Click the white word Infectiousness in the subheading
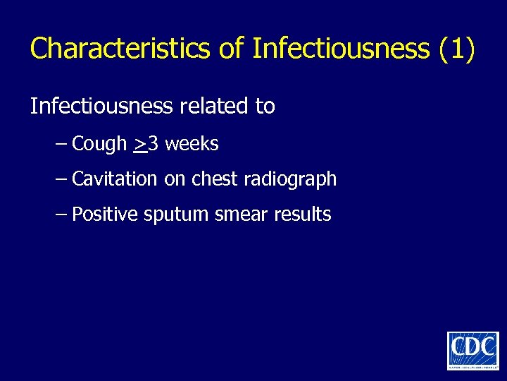(101, 107)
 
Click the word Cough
(100, 145)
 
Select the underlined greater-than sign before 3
(139, 145)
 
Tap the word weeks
(192, 144)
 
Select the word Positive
(105, 214)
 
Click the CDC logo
(472, 351)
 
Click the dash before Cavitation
(61, 179)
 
